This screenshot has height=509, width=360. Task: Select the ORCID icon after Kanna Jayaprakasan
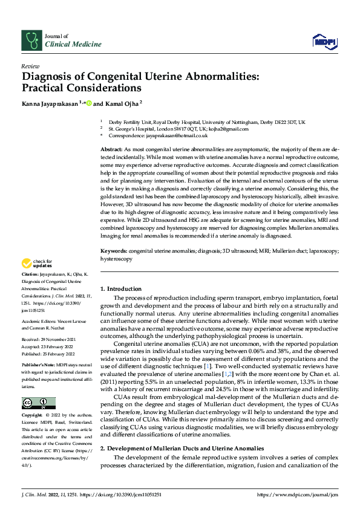[x=89, y=103]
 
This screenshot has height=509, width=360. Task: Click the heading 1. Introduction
[x=121, y=289]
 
